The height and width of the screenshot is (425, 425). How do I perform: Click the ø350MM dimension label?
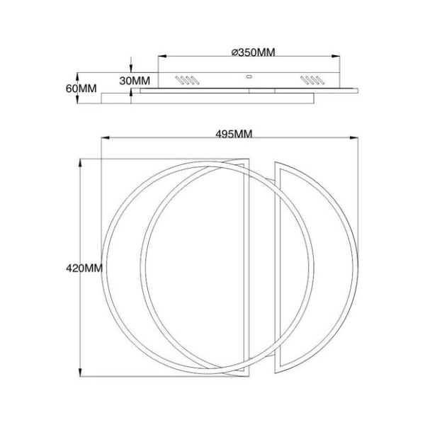[x=253, y=52]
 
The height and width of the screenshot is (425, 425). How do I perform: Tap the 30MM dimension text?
[x=135, y=81]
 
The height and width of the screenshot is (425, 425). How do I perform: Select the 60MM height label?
[x=81, y=89]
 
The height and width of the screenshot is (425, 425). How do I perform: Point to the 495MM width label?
[x=234, y=134]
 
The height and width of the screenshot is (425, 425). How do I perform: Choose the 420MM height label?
[x=84, y=268]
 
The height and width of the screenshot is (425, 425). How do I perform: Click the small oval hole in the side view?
[x=249, y=76]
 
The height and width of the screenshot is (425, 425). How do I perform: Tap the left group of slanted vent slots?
[x=187, y=80]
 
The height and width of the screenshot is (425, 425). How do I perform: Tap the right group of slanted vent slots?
[x=312, y=80]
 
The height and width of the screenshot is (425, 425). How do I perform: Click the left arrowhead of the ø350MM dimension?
[x=162, y=57]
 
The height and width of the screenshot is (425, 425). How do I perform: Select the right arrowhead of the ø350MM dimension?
[x=336, y=57]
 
